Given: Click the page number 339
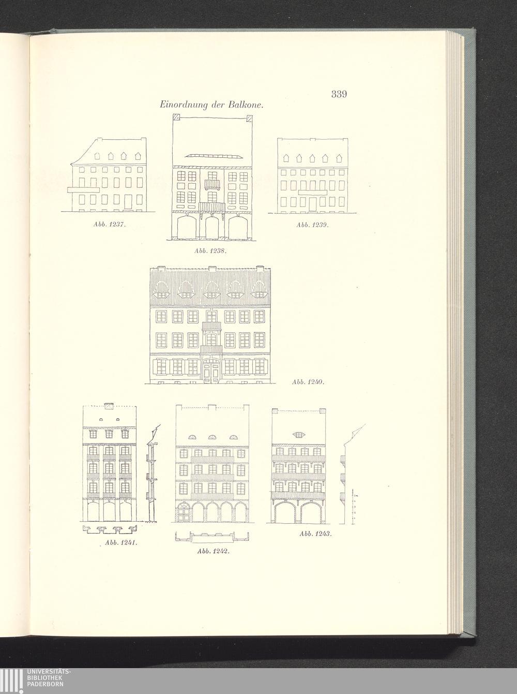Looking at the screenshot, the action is click(x=339, y=94).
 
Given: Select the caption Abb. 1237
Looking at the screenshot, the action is click(x=110, y=225).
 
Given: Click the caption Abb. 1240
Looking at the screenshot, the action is click(x=308, y=382).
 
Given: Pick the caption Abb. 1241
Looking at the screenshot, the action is click(x=120, y=543).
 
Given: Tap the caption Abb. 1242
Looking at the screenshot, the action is click(x=213, y=551).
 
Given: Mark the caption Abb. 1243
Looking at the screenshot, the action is click(x=315, y=534).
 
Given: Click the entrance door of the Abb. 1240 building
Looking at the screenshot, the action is click(x=211, y=373).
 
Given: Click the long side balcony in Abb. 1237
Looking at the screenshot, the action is click(x=83, y=190).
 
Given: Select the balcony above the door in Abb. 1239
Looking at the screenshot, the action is click(x=313, y=193).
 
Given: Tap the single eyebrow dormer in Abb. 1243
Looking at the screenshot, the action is click(x=298, y=434).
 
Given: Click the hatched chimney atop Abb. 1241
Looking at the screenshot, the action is click(x=109, y=406).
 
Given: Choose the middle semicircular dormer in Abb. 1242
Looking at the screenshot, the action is click(x=211, y=437).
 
